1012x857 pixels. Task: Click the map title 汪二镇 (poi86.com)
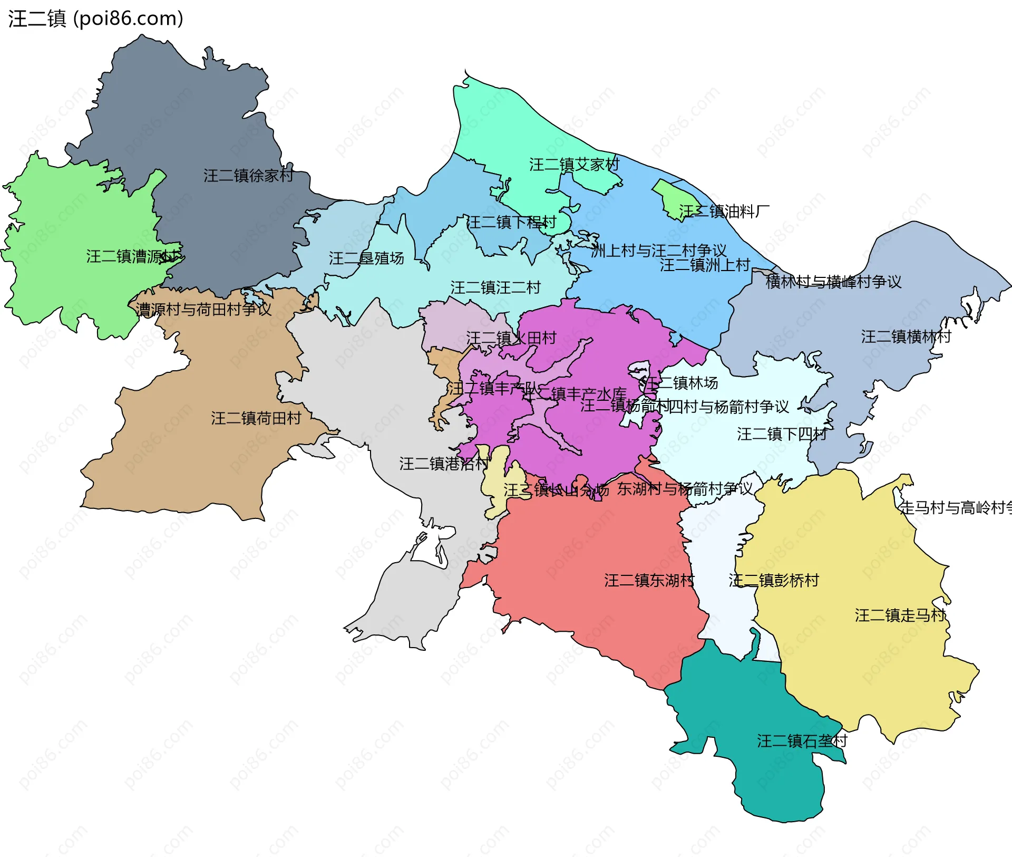click(x=95, y=18)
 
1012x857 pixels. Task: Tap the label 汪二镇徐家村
click(x=248, y=176)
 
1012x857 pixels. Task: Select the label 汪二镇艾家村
click(x=574, y=165)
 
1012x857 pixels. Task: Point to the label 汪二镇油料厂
click(x=724, y=211)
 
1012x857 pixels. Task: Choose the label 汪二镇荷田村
click(x=256, y=418)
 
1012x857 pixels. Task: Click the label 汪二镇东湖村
click(x=649, y=581)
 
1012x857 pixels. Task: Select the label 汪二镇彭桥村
click(x=774, y=581)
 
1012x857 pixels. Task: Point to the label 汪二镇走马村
click(x=900, y=615)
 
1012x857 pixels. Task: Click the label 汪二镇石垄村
click(x=802, y=741)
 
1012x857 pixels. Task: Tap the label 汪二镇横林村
click(x=906, y=336)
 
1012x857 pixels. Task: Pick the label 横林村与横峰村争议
click(x=833, y=282)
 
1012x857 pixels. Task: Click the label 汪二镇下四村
click(x=782, y=434)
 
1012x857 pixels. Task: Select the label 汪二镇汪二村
click(x=495, y=287)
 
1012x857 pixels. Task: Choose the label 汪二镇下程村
click(x=511, y=222)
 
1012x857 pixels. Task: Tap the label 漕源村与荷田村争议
click(x=203, y=310)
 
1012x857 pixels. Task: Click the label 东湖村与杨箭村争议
click(x=685, y=489)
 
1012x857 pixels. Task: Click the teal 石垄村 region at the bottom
click(x=775, y=781)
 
